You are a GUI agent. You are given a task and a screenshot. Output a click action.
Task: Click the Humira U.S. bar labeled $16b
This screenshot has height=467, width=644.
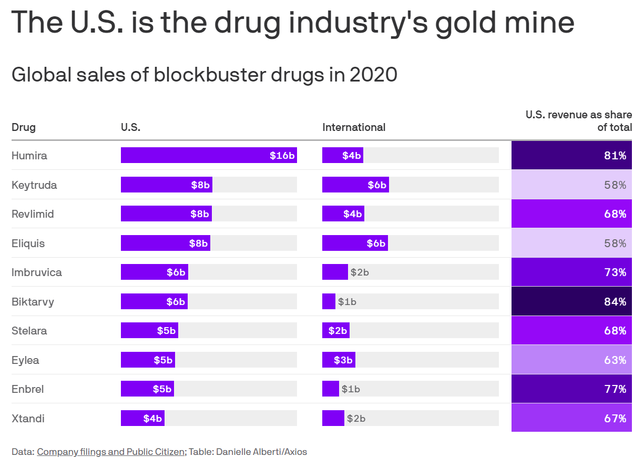(x=209, y=155)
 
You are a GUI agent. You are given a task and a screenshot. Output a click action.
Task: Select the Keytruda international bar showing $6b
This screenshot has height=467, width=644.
(x=355, y=185)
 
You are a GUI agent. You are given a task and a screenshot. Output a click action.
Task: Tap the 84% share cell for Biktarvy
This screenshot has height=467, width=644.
(x=571, y=301)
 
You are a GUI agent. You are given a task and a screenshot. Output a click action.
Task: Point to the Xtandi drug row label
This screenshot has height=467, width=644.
(x=28, y=419)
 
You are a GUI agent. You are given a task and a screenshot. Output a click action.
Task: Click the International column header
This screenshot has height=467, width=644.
(x=354, y=127)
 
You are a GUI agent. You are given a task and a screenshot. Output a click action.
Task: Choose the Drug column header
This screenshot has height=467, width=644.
(x=24, y=127)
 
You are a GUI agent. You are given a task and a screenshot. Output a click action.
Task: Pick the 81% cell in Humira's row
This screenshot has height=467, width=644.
(x=571, y=155)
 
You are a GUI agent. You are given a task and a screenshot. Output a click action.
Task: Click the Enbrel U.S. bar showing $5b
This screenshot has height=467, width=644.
(x=147, y=389)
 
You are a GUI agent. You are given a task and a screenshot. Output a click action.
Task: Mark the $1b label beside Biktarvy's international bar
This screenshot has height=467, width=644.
(x=347, y=302)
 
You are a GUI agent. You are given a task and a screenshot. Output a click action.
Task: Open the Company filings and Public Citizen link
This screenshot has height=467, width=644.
(x=111, y=452)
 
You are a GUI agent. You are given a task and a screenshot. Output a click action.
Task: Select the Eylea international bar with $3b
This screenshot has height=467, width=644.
(x=339, y=360)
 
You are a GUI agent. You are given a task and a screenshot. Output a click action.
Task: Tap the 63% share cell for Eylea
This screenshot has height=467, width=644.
(x=571, y=360)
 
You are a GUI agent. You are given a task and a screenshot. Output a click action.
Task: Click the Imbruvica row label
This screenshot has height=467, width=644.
(x=37, y=272)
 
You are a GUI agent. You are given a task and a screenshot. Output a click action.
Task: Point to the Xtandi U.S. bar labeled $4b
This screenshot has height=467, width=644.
(x=142, y=419)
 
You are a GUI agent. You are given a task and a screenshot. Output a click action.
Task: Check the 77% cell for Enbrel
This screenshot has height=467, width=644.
(x=571, y=389)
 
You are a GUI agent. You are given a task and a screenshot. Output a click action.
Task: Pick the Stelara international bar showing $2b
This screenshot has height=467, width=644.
(x=336, y=331)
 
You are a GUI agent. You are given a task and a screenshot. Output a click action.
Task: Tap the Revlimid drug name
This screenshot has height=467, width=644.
(x=33, y=214)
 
